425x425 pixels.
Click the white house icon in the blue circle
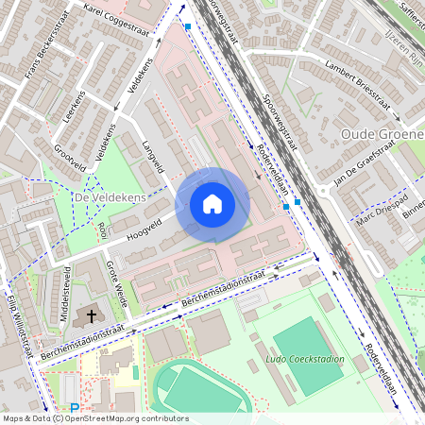tap(212, 204)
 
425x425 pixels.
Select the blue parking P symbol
tap(75, 408)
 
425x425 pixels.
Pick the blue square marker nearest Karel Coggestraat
tap(189, 27)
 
